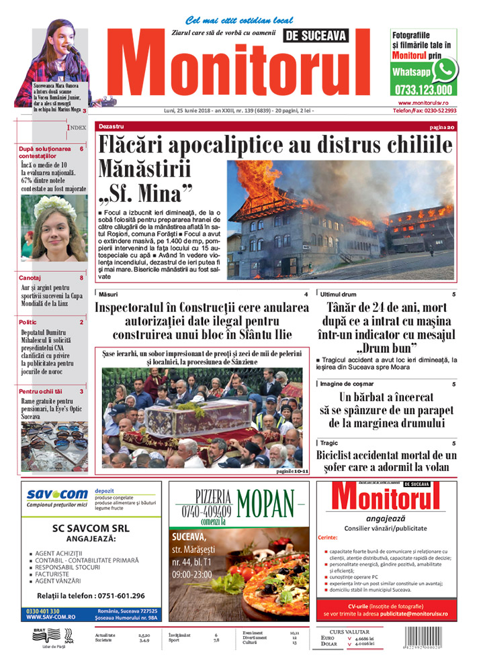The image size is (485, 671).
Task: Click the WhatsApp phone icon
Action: point(444,70)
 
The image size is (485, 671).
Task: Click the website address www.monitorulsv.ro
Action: point(423,103)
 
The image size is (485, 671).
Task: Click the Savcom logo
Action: point(57,495)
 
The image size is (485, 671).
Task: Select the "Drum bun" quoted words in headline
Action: point(386,348)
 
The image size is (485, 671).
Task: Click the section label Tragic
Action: point(329,443)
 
